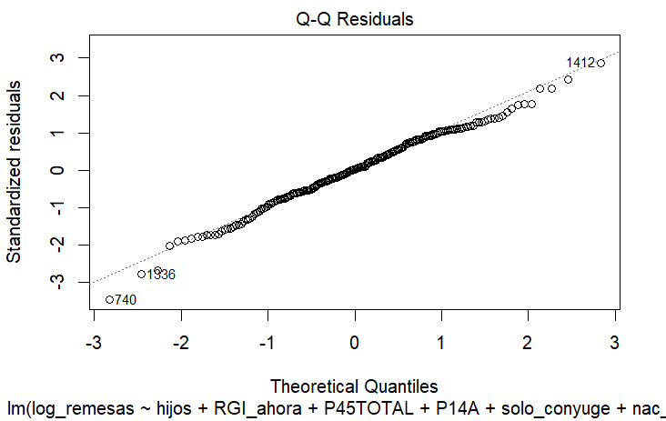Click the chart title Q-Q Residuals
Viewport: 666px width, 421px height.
tap(354, 17)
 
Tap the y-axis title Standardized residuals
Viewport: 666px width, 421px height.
tap(15, 170)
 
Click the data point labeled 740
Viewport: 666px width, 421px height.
tap(109, 299)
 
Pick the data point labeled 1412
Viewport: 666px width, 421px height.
tap(600, 63)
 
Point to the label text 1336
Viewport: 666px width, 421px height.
tap(161, 275)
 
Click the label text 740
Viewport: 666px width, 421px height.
tap(126, 300)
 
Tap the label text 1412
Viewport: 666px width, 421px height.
tap(580, 63)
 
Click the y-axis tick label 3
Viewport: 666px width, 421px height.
tap(56, 57)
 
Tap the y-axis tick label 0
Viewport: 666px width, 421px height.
tap(56, 170)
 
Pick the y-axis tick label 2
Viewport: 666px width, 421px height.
tap(56, 95)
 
